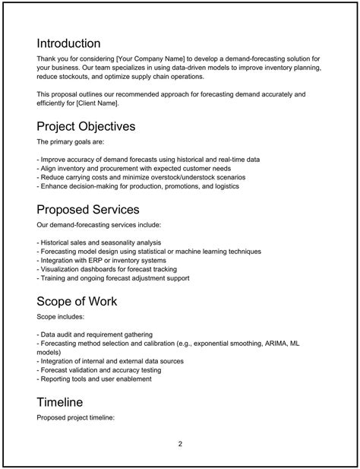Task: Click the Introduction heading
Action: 68,43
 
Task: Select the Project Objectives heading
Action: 86,125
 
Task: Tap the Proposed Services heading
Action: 88,208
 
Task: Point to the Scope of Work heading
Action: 77,301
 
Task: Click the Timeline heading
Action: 60,401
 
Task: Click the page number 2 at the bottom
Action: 180,444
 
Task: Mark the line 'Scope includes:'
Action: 61,316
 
